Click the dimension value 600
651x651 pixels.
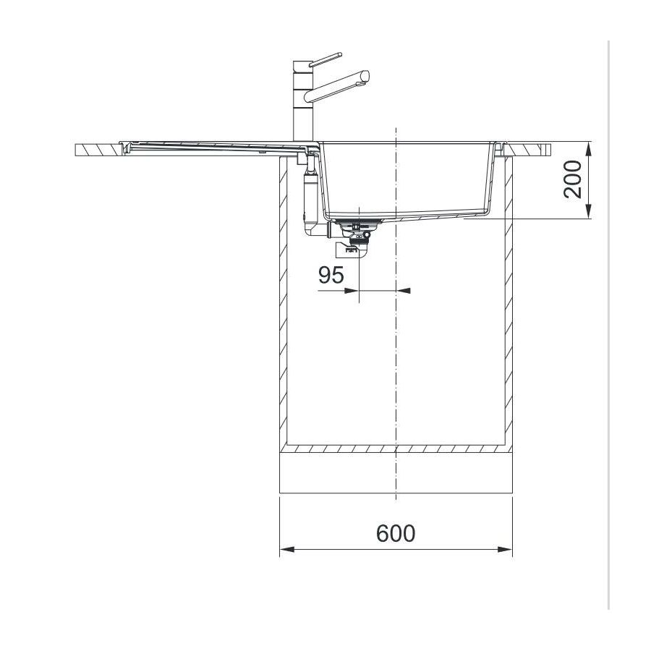pyautogui.click(x=395, y=534)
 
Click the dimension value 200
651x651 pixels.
pyautogui.click(x=573, y=179)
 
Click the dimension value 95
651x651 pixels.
pyautogui.click(x=331, y=275)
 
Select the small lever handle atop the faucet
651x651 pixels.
pyautogui.click(x=325, y=59)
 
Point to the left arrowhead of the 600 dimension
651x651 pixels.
pyautogui.click(x=287, y=549)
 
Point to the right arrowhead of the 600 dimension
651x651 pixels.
pyautogui.click(x=505, y=549)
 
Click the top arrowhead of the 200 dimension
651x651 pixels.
pyautogui.click(x=589, y=149)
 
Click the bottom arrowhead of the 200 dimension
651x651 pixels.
pyautogui.click(x=589, y=211)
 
